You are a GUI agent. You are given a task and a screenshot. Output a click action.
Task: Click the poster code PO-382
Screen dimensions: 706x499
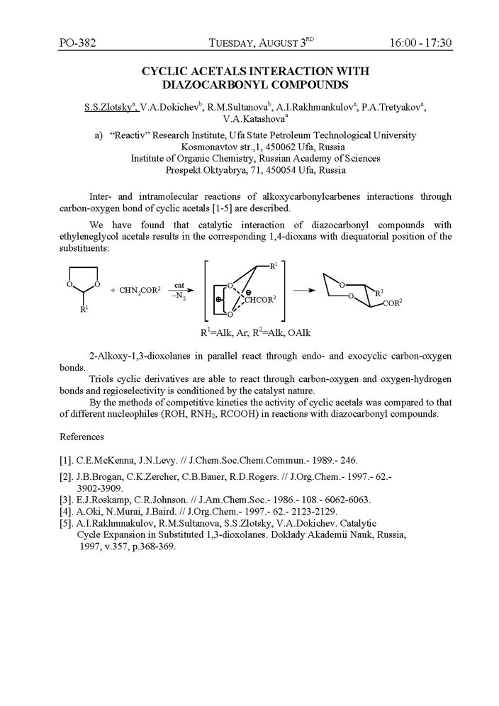click(x=77, y=43)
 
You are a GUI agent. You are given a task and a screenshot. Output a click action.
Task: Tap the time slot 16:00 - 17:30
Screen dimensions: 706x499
click(x=420, y=43)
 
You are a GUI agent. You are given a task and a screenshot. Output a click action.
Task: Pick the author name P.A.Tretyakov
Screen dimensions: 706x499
click(x=391, y=107)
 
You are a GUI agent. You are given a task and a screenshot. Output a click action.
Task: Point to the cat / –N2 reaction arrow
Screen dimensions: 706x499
click(x=179, y=290)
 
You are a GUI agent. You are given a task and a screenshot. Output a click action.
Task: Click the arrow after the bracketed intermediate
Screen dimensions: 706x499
click(x=303, y=290)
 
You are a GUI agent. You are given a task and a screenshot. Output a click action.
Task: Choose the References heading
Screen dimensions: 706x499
click(x=82, y=437)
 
